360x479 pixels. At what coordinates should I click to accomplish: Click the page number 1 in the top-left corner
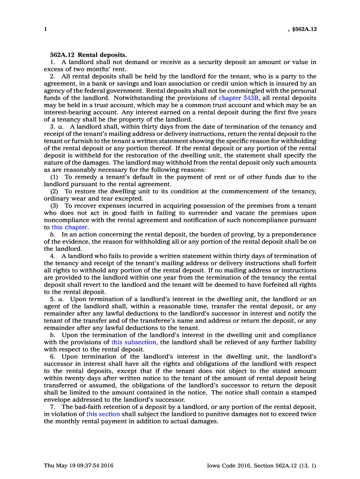(x=45, y=29)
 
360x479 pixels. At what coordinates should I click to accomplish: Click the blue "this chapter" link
(x=70, y=227)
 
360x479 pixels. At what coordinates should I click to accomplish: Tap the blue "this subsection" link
(x=133, y=342)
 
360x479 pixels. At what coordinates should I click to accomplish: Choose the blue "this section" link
(x=103, y=414)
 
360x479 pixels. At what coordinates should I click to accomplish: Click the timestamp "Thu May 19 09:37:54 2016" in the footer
(x=79, y=465)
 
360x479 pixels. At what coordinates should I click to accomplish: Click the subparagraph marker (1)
(x=54, y=177)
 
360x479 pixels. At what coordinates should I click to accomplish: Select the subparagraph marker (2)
(x=54, y=191)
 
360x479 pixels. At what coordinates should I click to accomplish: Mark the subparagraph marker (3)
(x=54, y=206)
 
